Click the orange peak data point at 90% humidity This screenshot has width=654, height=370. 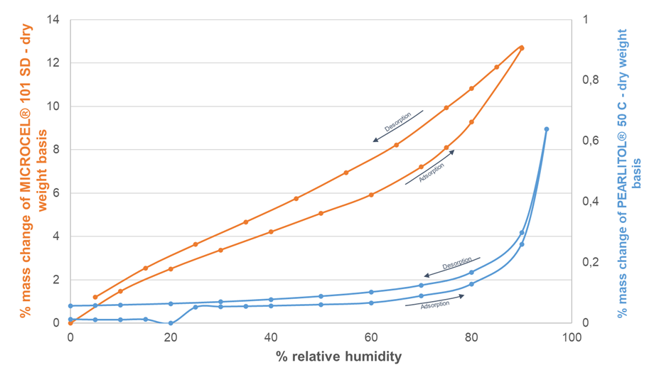click(x=522, y=48)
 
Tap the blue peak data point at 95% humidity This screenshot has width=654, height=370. click(x=547, y=129)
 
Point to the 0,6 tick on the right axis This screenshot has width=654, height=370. click(x=590, y=141)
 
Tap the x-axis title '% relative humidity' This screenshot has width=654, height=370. click(x=339, y=356)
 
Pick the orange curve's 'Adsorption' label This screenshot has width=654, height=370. click(x=431, y=173)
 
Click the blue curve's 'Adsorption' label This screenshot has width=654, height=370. click(x=434, y=305)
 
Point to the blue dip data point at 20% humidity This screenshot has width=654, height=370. click(x=171, y=323)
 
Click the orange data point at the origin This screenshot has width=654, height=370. click(x=70, y=323)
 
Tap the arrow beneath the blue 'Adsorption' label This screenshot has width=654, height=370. click(x=434, y=300)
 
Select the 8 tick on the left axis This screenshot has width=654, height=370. click(x=57, y=150)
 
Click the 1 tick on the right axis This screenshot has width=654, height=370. click(x=584, y=19)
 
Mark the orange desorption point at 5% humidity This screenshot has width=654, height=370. click(x=95, y=297)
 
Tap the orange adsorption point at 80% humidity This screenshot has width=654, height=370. click(x=471, y=122)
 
